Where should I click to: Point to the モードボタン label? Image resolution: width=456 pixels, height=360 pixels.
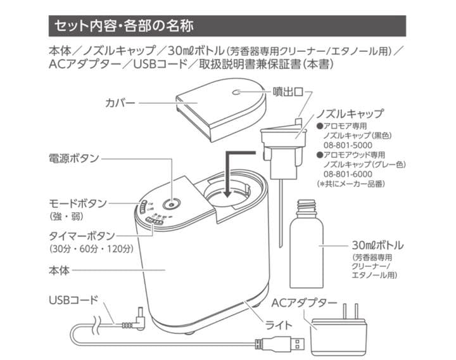(78, 203)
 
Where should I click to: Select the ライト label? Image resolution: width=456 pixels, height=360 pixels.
(279, 325)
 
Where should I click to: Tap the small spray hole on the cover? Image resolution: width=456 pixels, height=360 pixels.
(237, 93)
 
